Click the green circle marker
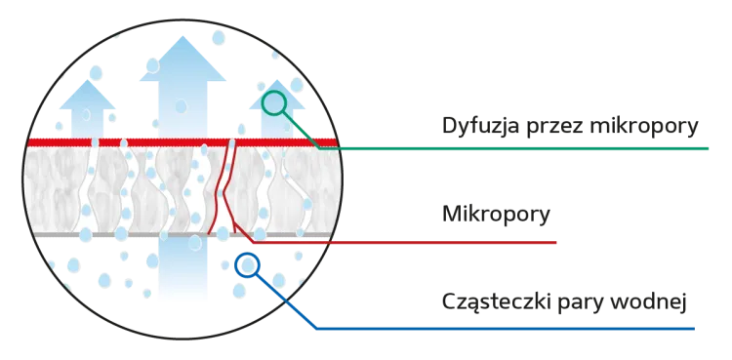pyautogui.click(x=274, y=101)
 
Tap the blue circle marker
pyautogui.click(x=249, y=264)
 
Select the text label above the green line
pyautogui.click(x=570, y=126)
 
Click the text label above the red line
pyautogui.click(x=497, y=214)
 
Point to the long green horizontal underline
pyautogui.click(x=527, y=150)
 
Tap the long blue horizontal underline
pyautogui.click(x=508, y=330)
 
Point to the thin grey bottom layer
pyautogui.click(x=98, y=236)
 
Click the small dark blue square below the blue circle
pyautogui.click(x=237, y=290)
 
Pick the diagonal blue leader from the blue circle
pyautogui.click(x=286, y=299)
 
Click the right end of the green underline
pyautogui.click(x=707, y=150)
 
